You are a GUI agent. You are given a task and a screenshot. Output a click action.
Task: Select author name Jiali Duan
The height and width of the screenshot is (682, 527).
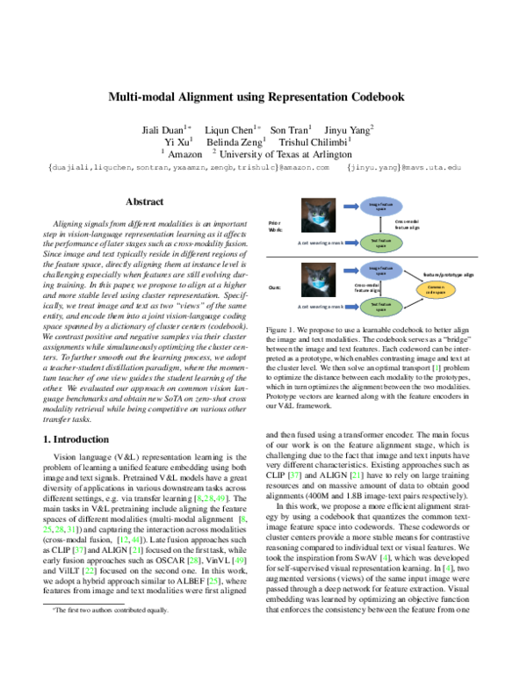(x=163, y=130)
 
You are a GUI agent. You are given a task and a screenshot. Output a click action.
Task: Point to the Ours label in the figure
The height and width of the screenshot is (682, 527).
(x=274, y=287)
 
